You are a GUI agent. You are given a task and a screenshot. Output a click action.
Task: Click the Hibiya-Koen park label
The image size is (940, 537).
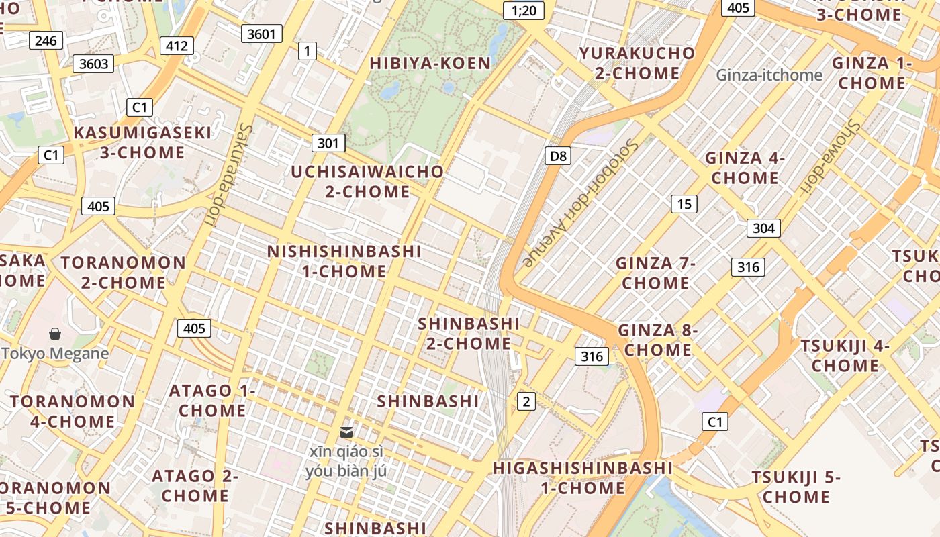click(430, 63)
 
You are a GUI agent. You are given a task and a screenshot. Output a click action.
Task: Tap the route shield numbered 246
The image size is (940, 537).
click(46, 40)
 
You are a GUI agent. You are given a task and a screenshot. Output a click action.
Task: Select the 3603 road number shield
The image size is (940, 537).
click(93, 64)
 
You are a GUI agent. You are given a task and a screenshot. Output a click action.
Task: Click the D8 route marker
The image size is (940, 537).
click(558, 156)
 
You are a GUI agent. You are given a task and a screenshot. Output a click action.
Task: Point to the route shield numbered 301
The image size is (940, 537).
click(328, 143)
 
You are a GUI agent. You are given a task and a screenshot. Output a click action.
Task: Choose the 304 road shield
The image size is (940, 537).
click(763, 228)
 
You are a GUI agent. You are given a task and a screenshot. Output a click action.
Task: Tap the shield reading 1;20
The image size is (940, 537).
click(523, 10)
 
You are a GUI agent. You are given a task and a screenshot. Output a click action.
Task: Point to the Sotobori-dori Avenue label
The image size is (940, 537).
click(579, 203)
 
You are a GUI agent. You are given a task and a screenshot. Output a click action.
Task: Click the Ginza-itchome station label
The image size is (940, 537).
click(769, 75)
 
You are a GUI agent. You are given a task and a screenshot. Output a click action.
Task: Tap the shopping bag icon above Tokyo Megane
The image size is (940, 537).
click(55, 333)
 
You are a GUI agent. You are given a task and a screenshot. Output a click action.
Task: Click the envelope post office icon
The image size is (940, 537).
click(346, 432)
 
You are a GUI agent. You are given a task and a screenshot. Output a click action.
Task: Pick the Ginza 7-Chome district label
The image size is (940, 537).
click(655, 273)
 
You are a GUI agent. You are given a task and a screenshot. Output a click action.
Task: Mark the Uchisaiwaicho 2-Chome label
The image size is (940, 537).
click(367, 181)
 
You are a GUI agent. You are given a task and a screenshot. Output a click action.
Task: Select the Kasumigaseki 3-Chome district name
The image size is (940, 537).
click(142, 142)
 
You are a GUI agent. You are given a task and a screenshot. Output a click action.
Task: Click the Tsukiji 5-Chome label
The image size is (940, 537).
click(796, 487)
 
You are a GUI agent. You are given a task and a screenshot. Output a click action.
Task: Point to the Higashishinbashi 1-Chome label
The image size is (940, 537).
click(583, 477)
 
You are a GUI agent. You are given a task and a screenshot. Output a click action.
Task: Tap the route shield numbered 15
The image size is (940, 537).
click(684, 204)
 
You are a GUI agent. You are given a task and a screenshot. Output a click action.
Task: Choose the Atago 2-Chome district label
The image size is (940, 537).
click(195, 486)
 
